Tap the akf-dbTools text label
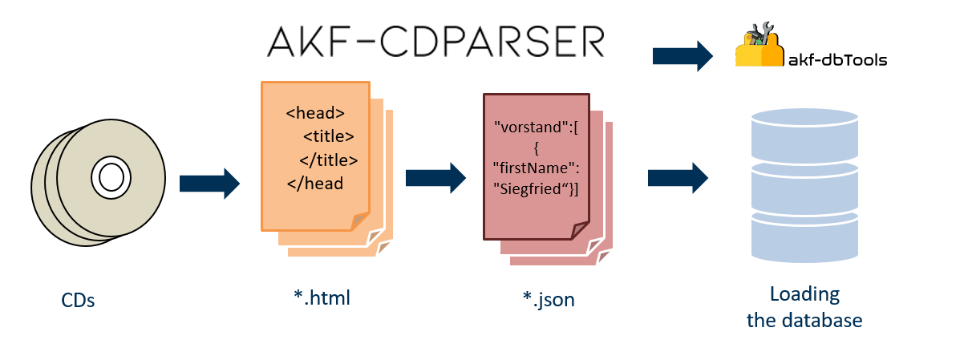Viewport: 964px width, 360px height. coord(837,59)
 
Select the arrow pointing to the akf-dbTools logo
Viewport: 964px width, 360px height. coord(682,56)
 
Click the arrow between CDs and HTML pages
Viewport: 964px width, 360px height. coord(209,183)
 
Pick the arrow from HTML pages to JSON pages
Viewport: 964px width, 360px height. coord(436,177)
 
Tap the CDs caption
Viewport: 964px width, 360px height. coord(78,301)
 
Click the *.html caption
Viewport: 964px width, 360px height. coord(322,298)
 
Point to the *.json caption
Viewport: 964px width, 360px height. coord(548,300)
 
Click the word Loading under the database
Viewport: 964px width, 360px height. coord(804,294)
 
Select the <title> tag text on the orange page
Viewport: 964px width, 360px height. coord(328,136)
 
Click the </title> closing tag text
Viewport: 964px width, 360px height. coord(328,159)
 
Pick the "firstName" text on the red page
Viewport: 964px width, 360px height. coord(535,168)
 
